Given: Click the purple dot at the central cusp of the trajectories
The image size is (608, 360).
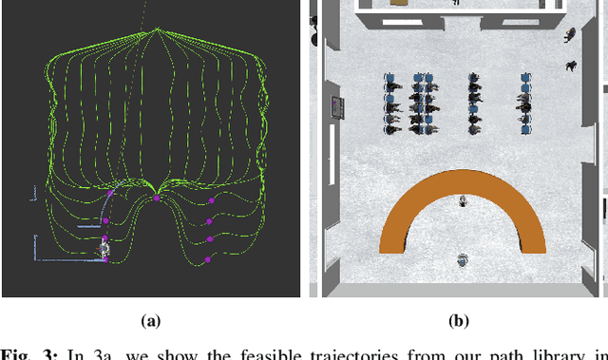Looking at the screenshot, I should click(x=156, y=199).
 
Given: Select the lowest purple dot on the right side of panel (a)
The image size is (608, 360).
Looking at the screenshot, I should click(x=209, y=257).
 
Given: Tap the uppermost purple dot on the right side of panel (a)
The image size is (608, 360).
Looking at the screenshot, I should click(x=211, y=201).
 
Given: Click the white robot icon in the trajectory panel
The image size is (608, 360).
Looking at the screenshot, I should click(x=104, y=250).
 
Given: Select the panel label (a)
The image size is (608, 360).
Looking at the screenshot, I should click(x=150, y=322).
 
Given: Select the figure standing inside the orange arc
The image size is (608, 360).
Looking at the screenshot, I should click(x=463, y=201).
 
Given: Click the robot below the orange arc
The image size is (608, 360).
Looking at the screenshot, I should click(x=462, y=259).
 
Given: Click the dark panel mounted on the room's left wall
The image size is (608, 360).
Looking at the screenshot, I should click(x=336, y=108).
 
